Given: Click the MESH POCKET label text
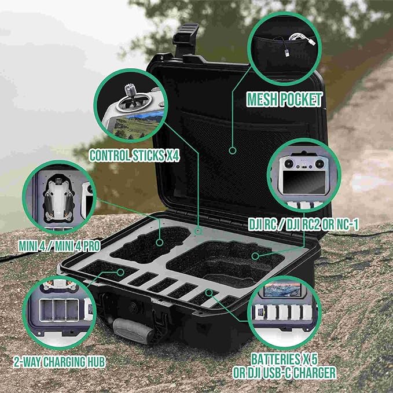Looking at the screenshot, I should click(285, 100).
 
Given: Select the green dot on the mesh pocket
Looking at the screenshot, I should click(232, 150).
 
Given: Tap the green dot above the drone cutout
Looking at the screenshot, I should click(198, 231).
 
